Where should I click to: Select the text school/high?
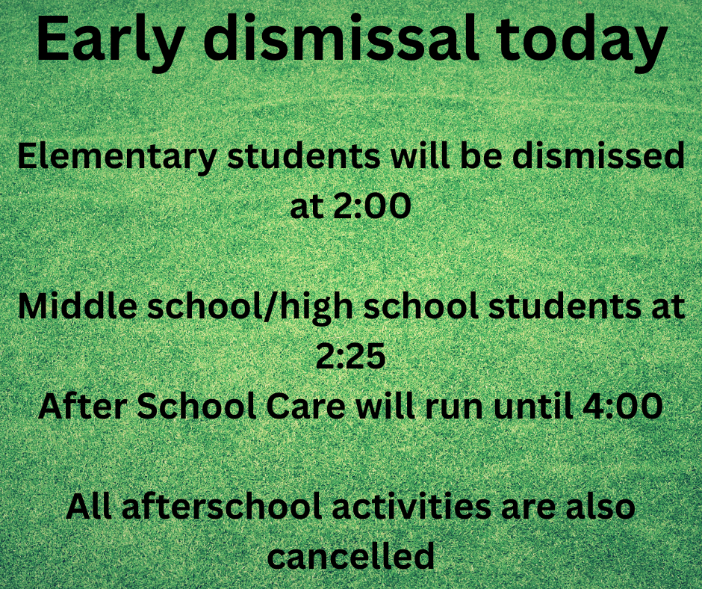click(x=255, y=308)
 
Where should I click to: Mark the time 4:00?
click(x=628, y=407)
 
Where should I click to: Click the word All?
click(x=90, y=507)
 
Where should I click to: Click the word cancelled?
click(x=351, y=556)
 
